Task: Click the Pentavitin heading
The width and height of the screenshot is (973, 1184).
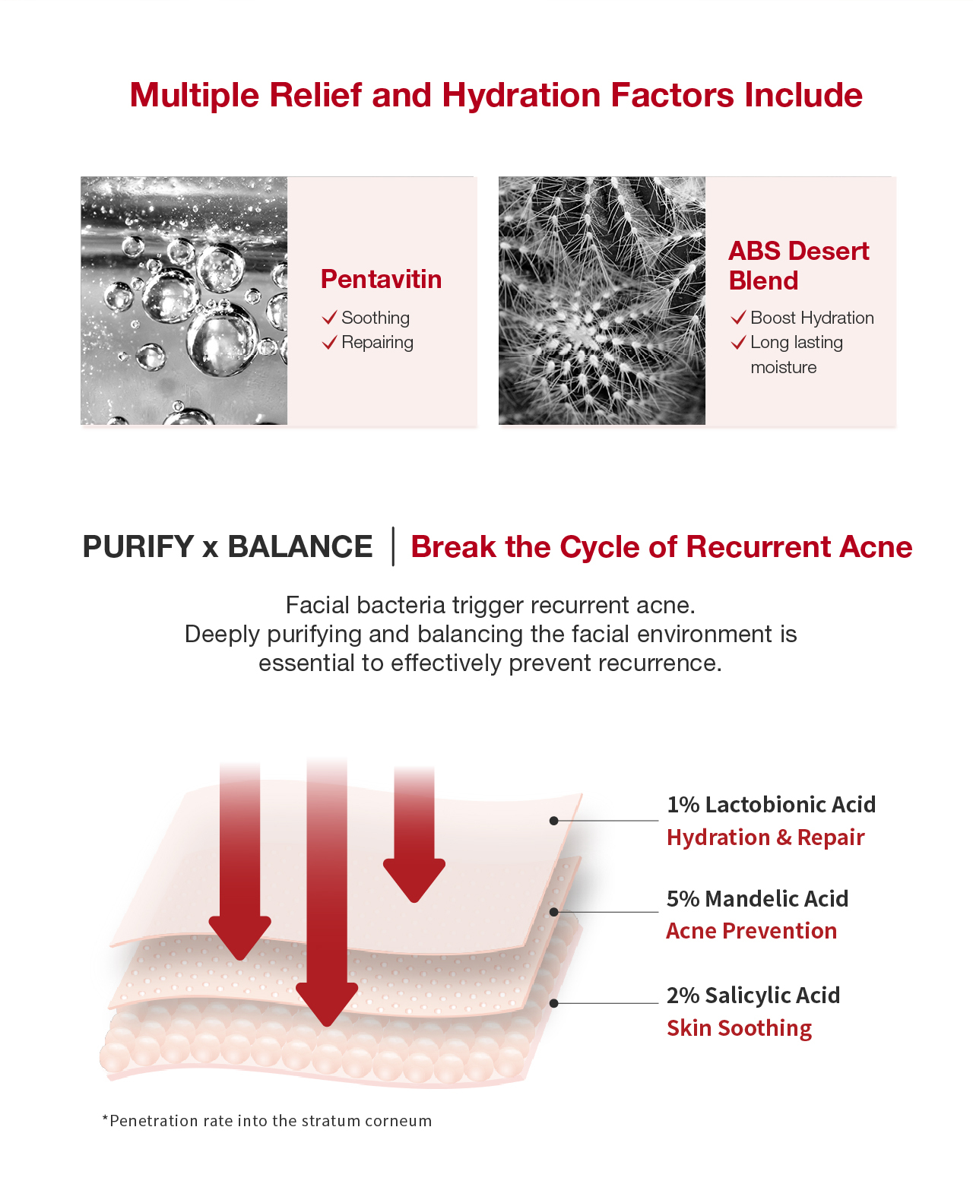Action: pyautogui.click(x=381, y=279)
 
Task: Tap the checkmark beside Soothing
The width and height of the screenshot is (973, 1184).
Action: pyautogui.click(x=330, y=318)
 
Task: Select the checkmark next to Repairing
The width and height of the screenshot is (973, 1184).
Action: pyautogui.click(x=330, y=342)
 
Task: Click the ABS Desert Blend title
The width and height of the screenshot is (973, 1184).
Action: pyautogui.click(x=798, y=265)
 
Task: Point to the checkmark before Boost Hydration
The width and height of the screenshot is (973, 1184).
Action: pyautogui.click(x=738, y=318)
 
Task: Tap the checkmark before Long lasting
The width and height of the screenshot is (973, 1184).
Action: pyautogui.click(x=738, y=342)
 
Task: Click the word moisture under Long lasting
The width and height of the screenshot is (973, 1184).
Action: pyautogui.click(x=783, y=367)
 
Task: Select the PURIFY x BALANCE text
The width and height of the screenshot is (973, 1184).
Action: pyautogui.click(x=227, y=546)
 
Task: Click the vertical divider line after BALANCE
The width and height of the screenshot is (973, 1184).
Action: pyautogui.click(x=393, y=546)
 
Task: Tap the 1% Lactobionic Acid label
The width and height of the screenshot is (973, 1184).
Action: pyautogui.click(x=771, y=805)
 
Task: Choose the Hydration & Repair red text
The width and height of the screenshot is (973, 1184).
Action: pyautogui.click(x=765, y=837)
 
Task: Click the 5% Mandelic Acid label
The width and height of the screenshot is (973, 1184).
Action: pyautogui.click(x=757, y=899)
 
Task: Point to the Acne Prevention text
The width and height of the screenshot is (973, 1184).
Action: pyautogui.click(x=751, y=931)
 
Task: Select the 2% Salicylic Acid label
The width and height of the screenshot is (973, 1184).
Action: pyautogui.click(x=753, y=996)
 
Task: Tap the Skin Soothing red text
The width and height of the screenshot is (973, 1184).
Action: pyautogui.click(x=740, y=1028)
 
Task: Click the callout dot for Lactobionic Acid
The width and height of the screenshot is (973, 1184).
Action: pyautogui.click(x=553, y=821)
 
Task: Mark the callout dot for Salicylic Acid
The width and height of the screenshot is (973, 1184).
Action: pyautogui.click(x=553, y=1003)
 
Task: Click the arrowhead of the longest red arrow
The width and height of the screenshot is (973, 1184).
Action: pyautogui.click(x=327, y=1005)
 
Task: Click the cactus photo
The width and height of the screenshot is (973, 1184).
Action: pyautogui.click(x=602, y=300)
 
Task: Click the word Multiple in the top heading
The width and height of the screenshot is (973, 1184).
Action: pyautogui.click(x=195, y=96)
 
